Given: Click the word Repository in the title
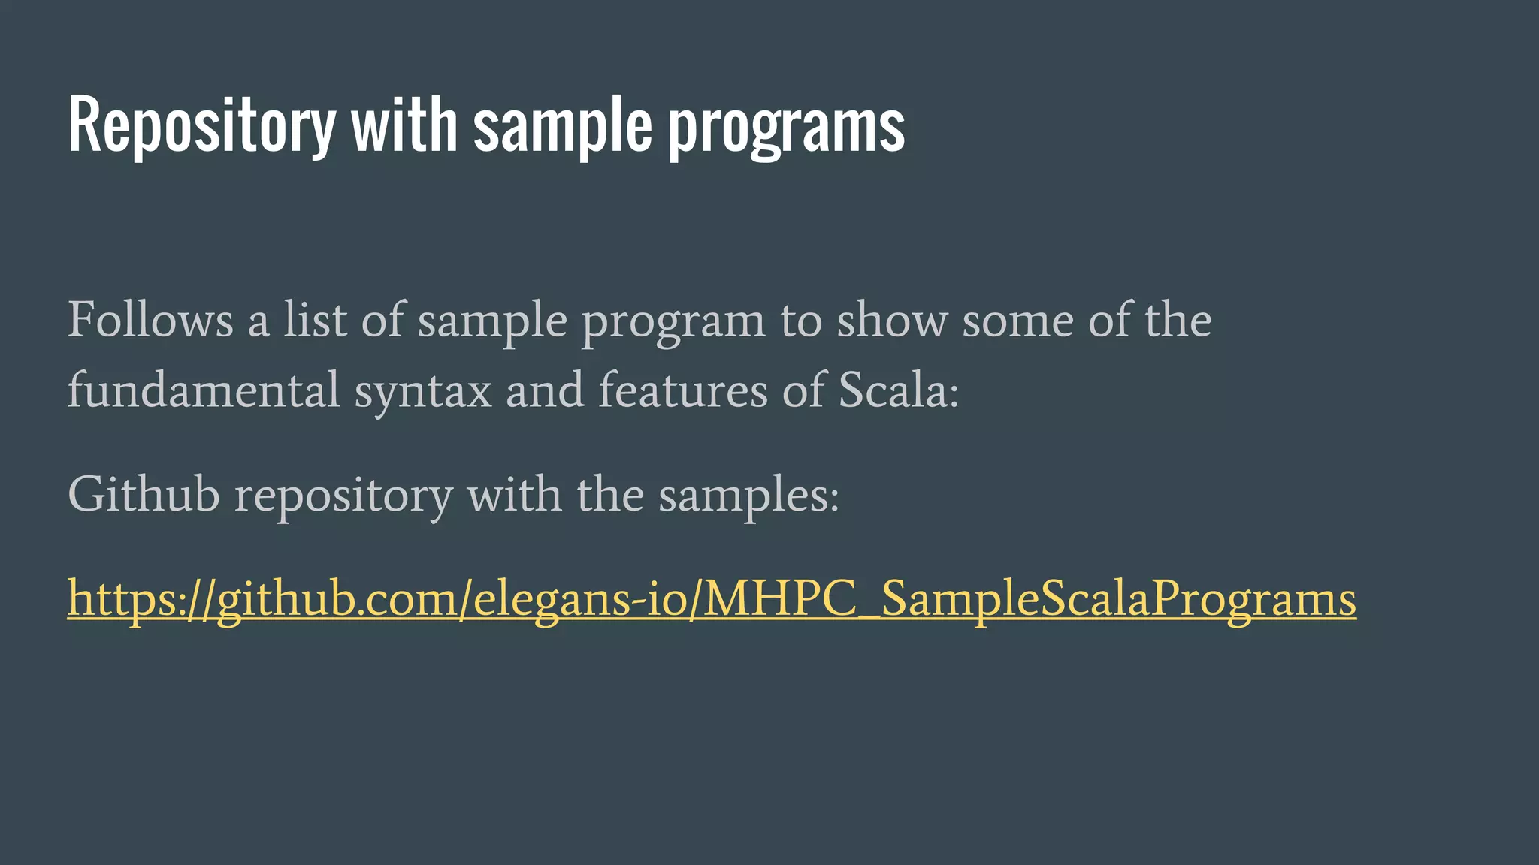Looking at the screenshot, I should tap(201, 126).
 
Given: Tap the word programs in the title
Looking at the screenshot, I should tap(786, 126).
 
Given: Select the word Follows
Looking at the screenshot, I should tap(150, 320).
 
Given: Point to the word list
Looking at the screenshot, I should tap(315, 320).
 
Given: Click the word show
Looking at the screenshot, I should tap(892, 320).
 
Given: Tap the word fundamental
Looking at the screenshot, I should tap(204, 390).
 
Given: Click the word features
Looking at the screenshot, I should tap(682, 390).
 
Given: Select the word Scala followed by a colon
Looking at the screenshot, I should tap(898, 390).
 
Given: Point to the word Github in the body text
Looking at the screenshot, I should tap(144, 495).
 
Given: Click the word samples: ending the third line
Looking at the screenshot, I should tap(748, 496).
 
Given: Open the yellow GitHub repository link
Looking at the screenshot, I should tap(712, 599).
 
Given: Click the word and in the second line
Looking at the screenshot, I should tap(545, 390).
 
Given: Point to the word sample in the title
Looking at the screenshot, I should tap(563, 126).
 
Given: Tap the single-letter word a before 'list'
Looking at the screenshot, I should tap(259, 321).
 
